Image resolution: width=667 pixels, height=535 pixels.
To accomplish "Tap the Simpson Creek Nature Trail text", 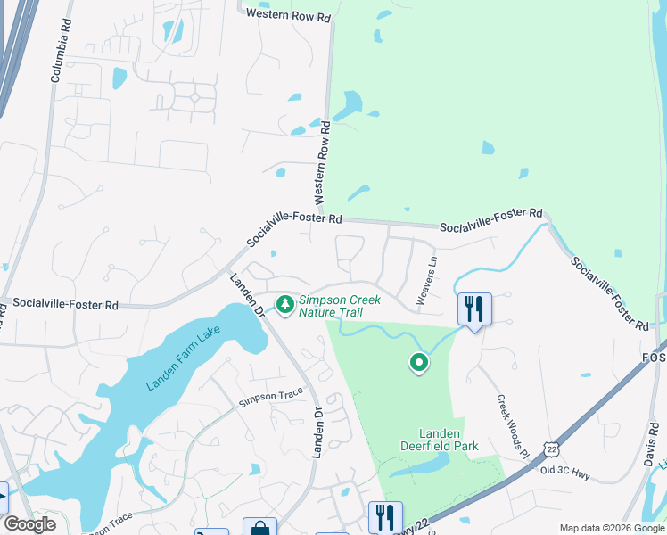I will pyautogui.click(x=337, y=307).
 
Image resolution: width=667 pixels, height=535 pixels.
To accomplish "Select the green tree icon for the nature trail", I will pyautogui.click(x=285, y=306).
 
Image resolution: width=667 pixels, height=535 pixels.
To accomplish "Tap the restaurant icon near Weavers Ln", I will pyautogui.click(x=473, y=309).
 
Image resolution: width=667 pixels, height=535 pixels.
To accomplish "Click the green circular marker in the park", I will pyautogui.click(x=418, y=363).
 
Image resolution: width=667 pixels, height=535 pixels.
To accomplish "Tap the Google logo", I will pyautogui.click(x=29, y=524).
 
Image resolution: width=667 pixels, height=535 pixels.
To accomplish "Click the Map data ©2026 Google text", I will pyautogui.click(x=611, y=528).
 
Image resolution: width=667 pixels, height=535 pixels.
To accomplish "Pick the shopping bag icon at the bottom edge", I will pyautogui.click(x=259, y=527).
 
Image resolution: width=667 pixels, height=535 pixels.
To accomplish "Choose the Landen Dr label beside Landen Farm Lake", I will pyautogui.click(x=248, y=296).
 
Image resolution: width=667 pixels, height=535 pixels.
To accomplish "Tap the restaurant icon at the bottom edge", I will pyautogui.click(x=385, y=516).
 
